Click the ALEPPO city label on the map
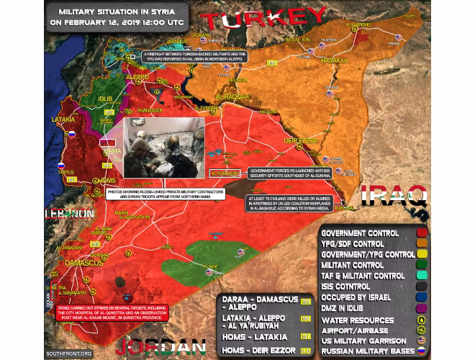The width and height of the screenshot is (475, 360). coord(137,77)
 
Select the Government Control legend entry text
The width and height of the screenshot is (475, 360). coord(360,233)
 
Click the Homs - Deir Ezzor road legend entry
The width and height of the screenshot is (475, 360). coord(255,351)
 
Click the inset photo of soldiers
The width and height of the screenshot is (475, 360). coord(164,147)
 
